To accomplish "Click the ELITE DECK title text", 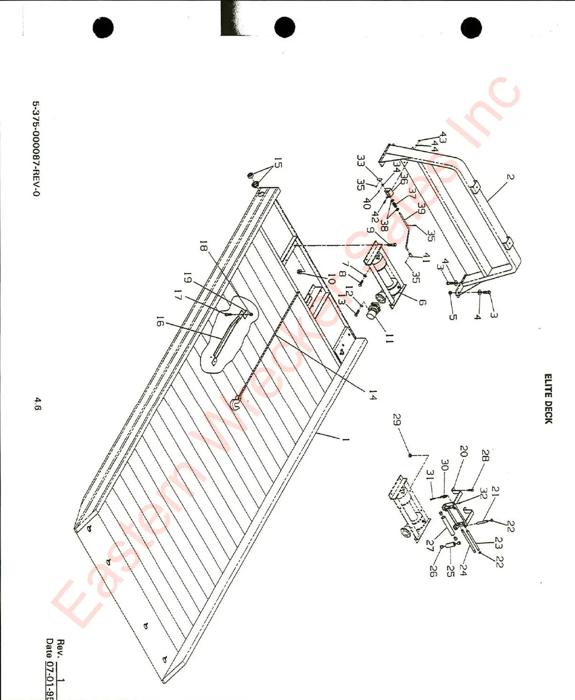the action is pyautogui.click(x=548, y=399).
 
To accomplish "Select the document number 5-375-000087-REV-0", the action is pyautogui.click(x=36, y=149).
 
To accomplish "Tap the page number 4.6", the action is pyautogui.click(x=38, y=403).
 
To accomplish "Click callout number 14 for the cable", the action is pyautogui.click(x=373, y=395).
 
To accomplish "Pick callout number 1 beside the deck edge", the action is pyautogui.click(x=346, y=440).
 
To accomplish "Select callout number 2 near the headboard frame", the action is pyautogui.click(x=510, y=177).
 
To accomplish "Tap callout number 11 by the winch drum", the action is pyautogui.click(x=389, y=338).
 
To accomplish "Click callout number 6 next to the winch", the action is pyautogui.click(x=422, y=303).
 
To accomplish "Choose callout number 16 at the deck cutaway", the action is pyautogui.click(x=160, y=321).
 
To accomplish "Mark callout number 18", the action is pyautogui.click(x=203, y=246).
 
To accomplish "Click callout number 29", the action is pyautogui.click(x=397, y=420).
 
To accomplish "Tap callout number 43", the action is pyautogui.click(x=443, y=137).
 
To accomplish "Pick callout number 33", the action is pyautogui.click(x=360, y=161).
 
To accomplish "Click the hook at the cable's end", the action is pyautogui.click(x=236, y=403).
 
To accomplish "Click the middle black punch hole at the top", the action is pyautogui.click(x=285, y=27).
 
